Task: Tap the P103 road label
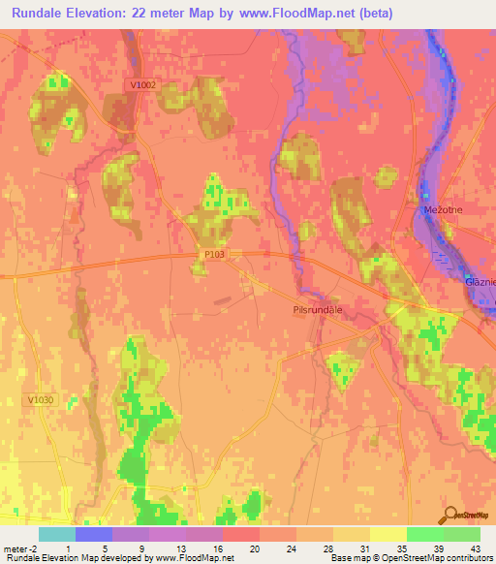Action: (215, 254)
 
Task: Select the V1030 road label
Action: (41, 399)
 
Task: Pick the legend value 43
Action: (474, 548)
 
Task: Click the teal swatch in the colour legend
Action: (56, 534)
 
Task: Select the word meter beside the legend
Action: (14, 548)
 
